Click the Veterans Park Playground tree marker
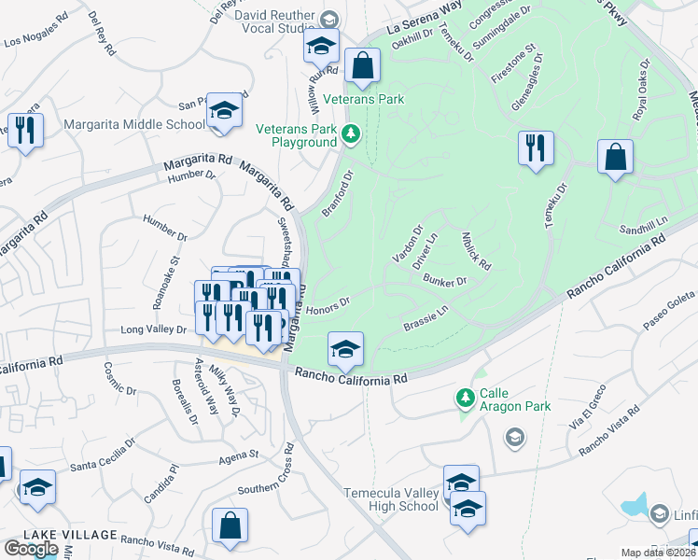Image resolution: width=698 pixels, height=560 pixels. pyautogui.click(x=351, y=134)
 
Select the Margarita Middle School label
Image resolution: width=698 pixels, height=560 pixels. pyautogui.click(x=134, y=124)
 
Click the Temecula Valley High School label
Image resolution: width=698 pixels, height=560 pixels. pyautogui.click(x=391, y=499)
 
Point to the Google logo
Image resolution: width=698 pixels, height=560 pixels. pyautogui.click(x=31, y=549)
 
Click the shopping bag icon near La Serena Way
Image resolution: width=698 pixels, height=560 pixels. pyautogui.click(x=362, y=66)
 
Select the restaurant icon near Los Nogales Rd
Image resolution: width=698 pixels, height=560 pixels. pyautogui.click(x=24, y=130)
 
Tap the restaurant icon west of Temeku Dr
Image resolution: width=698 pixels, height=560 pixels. pyautogui.click(x=536, y=149)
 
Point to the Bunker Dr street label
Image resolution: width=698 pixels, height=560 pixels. pyautogui.click(x=444, y=280)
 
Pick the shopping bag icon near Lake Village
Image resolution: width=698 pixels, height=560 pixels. pyautogui.click(x=230, y=525)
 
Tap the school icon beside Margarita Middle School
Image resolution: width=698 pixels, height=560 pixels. pyautogui.click(x=224, y=111)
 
